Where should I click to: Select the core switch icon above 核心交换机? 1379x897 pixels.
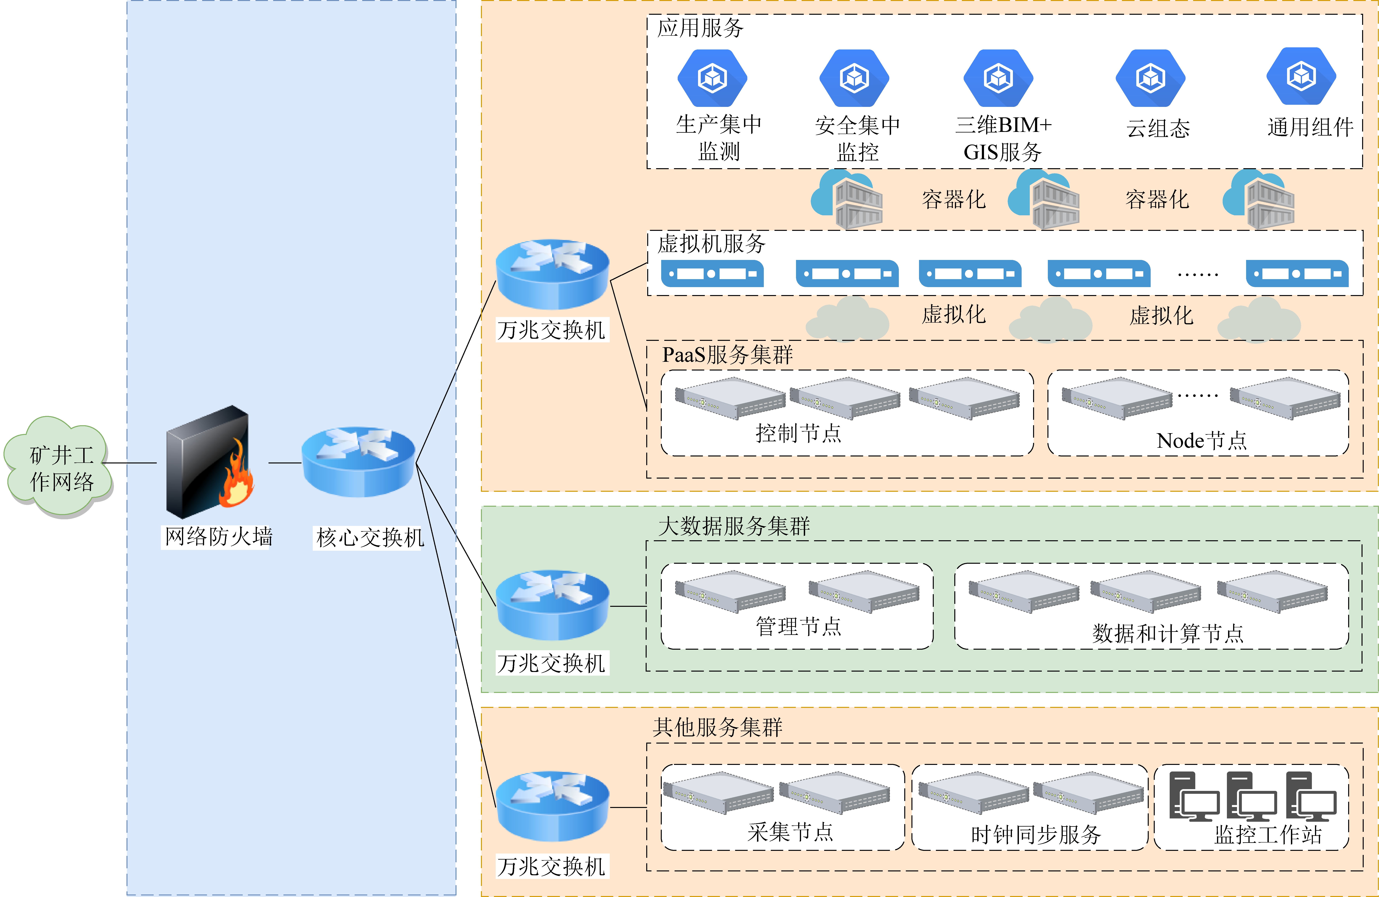click(x=358, y=462)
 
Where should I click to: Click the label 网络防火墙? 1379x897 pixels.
click(x=218, y=537)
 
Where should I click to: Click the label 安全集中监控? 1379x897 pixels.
click(x=858, y=139)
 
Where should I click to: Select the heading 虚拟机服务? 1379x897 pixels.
click(x=711, y=243)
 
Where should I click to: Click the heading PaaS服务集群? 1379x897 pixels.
click(x=727, y=355)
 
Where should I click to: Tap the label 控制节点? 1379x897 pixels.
click(x=798, y=433)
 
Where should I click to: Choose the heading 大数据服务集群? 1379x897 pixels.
click(x=734, y=526)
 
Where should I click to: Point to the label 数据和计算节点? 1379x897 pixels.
click(x=1168, y=633)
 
